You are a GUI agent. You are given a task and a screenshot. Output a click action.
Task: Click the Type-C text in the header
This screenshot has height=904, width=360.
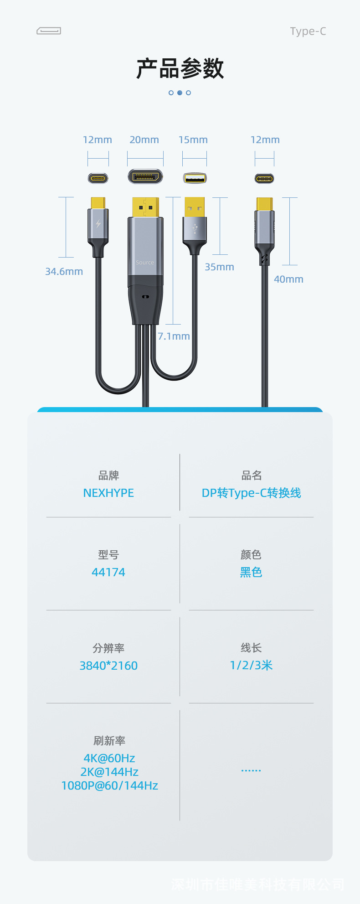308,31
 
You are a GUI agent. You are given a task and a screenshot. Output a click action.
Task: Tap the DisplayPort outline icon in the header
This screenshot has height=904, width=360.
49,31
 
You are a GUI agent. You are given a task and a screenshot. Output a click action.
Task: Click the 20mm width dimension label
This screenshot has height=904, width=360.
144,140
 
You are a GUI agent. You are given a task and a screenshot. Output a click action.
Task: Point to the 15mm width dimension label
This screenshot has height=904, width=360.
193,140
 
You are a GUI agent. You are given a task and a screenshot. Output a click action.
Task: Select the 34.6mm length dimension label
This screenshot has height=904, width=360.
64,272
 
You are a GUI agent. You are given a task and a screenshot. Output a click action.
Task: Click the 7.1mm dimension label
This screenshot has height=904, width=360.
174,336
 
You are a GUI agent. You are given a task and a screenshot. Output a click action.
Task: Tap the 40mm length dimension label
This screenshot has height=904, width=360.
288,279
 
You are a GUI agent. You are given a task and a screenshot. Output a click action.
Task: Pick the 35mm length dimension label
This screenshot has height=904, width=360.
219,267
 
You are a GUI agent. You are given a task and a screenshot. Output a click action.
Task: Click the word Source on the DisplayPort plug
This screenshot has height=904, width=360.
145,263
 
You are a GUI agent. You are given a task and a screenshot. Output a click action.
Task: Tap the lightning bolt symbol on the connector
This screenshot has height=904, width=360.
98,224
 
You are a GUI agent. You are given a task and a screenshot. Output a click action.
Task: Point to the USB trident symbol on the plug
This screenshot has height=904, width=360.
195,228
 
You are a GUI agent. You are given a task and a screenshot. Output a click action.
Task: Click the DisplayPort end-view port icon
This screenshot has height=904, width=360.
145,176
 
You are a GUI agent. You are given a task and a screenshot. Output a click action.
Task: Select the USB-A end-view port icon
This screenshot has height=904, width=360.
195,178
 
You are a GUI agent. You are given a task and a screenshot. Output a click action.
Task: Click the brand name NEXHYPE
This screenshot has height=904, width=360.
108,493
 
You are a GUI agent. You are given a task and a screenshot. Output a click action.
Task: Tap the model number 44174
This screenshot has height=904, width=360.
108,573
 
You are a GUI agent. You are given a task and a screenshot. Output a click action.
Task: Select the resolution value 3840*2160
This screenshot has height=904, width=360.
108,666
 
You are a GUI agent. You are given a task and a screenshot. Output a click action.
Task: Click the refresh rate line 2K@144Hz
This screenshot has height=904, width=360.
109,772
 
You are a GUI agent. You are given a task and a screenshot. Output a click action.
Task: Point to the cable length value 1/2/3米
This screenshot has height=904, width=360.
251,666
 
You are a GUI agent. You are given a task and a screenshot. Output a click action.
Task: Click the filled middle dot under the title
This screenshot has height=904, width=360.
180,93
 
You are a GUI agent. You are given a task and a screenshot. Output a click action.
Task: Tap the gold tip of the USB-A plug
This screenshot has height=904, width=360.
195,207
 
